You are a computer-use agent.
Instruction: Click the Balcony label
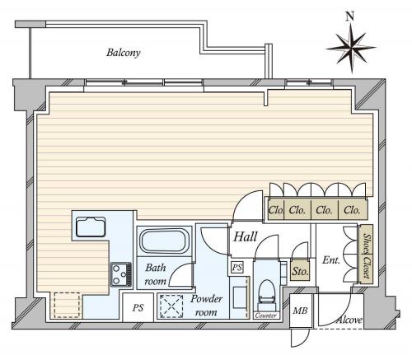tap(124, 53)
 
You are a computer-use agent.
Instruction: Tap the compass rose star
tap(351, 49)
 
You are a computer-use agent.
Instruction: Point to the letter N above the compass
tap(349, 16)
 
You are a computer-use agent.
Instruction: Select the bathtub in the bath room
tap(164, 241)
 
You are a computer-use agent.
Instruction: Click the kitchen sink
tap(91, 227)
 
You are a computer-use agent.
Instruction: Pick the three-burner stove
tap(121, 274)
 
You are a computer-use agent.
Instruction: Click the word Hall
tap(246, 236)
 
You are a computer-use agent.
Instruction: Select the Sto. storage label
tap(300, 272)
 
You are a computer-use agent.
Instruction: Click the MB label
tap(300, 311)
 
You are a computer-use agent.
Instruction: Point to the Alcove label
tap(349, 320)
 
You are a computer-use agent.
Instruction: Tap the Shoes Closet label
tap(367, 255)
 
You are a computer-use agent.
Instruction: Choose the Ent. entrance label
tap(331, 259)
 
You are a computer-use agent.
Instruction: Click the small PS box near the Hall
tap(237, 267)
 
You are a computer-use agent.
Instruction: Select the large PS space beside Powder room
tap(138, 307)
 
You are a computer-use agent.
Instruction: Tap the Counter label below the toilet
tap(265, 316)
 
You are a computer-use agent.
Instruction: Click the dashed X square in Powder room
tap(171, 306)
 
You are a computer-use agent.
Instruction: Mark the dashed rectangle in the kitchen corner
tap(67, 305)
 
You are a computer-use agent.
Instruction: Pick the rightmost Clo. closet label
tap(352, 210)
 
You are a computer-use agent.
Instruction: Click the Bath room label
tap(156, 274)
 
